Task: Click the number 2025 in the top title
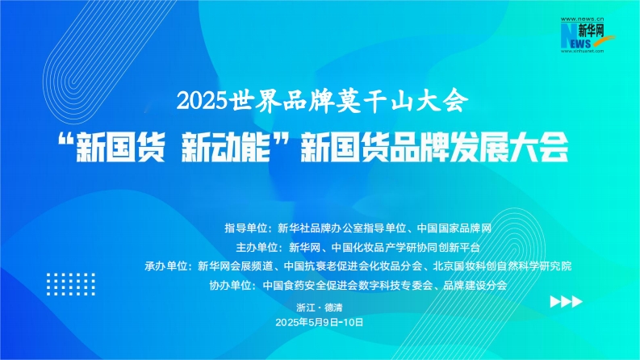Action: tap(202, 100)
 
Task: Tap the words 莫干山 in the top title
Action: tap(374, 100)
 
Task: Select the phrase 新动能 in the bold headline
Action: tap(226, 148)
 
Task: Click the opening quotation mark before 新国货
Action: tap(66, 140)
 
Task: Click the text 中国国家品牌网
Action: tap(454, 228)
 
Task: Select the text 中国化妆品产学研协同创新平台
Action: tap(406, 247)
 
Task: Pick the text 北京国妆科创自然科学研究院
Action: tap(502, 266)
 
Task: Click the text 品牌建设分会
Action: tap(475, 285)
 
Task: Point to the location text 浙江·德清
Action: tap(319, 308)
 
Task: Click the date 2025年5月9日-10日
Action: tap(319, 322)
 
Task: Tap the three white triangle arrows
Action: tap(566, 302)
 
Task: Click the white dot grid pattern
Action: tap(70, 284)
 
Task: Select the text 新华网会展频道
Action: tap(235, 266)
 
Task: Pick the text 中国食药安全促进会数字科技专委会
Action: tap(347, 285)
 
